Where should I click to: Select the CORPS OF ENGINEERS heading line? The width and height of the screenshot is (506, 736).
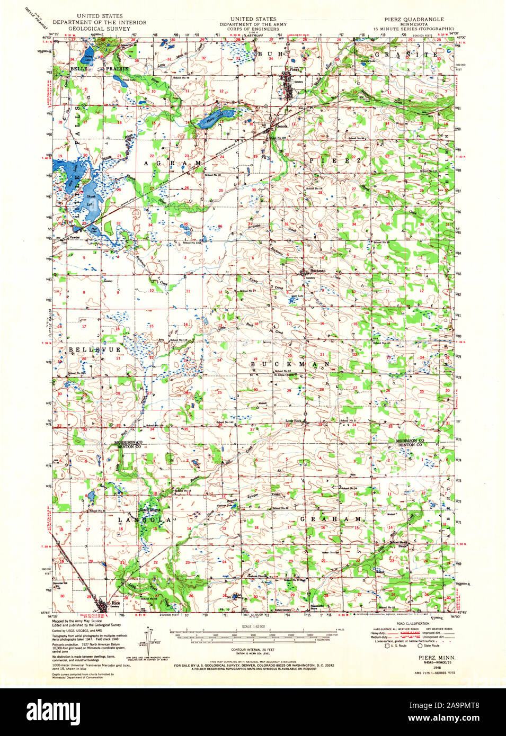[x=249, y=29]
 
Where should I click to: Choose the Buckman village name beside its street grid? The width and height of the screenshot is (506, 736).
[x=317, y=270]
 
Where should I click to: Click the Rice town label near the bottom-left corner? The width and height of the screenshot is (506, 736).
[x=115, y=603]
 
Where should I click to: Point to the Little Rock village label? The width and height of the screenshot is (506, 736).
[x=294, y=421]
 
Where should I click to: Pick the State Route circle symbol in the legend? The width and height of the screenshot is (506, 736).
[x=420, y=645]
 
